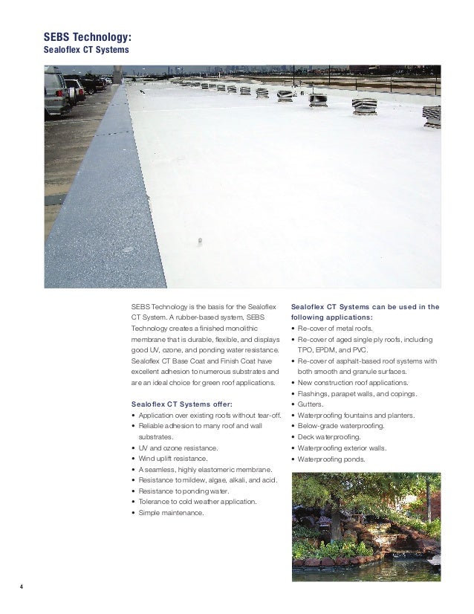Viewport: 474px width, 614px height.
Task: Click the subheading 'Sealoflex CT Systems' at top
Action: (x=87, y=50)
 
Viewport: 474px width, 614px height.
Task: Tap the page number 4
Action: (x=22, y=591)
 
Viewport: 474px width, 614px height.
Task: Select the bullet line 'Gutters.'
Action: (x=314, y=404)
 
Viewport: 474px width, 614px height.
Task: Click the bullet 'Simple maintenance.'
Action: (x=170, y=513)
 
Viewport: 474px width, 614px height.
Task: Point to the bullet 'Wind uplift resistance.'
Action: (x=174, y=459)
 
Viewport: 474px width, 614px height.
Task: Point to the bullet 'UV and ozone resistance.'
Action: (x=177, y=448)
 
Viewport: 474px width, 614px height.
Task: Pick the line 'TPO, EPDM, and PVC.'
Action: (x=331, y=349)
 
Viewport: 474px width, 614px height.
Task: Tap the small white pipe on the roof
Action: (x=198, y=240)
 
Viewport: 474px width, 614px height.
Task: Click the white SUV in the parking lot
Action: (x=56, y=92)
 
